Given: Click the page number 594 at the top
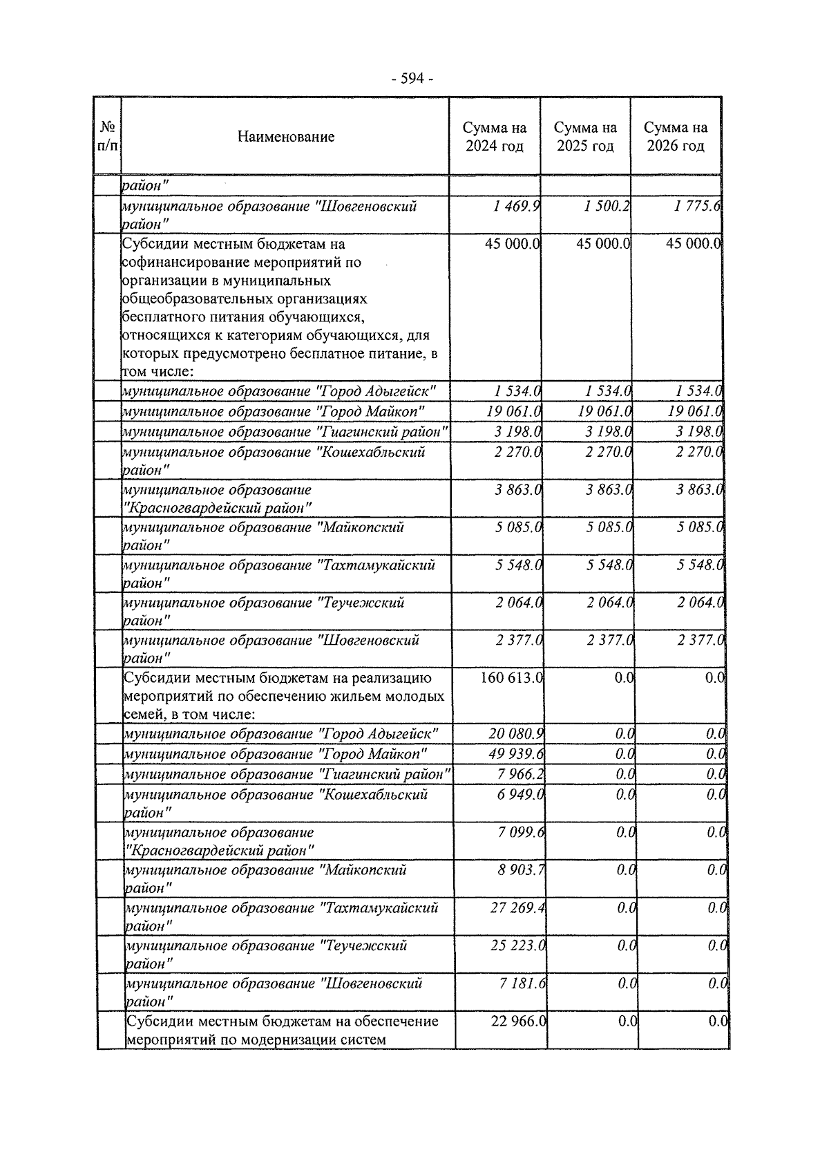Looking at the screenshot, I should pyautogui.click(x=412, y=79).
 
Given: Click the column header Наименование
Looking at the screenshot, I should pyautogui.click(x=285, y=137).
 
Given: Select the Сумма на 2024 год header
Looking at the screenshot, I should pyautogui.click(x=495, y=137).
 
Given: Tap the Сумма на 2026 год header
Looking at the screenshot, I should pyautogui.click(x=676, y=137).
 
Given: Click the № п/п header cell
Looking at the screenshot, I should pyautogui.click(x=108, y=137).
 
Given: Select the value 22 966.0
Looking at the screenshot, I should pyautogui.click(x=518, y=1021).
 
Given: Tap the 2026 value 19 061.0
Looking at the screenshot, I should pyautogui.click(x=695, y=412).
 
